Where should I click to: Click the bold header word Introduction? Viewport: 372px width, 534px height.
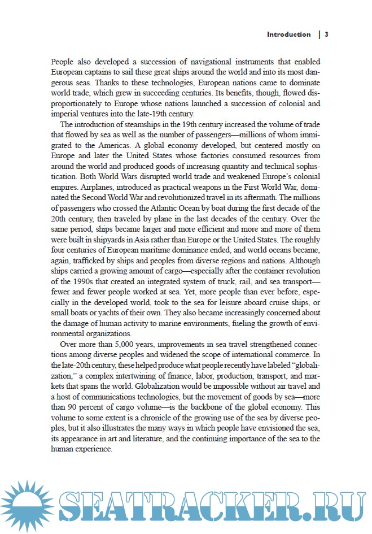288,34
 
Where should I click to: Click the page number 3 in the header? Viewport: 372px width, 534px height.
326,34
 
